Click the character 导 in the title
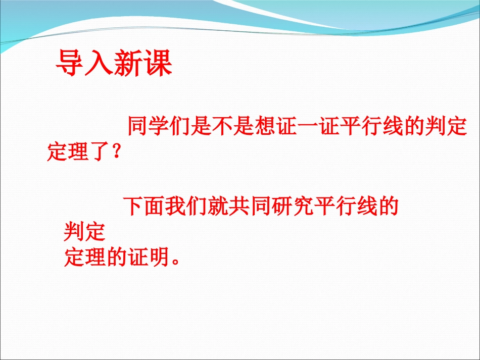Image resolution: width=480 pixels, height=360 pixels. [70, 63]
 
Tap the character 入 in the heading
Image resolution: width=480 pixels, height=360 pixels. [99, 63]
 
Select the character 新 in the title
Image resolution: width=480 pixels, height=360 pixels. [128, 63]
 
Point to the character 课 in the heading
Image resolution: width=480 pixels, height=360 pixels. [157, 63]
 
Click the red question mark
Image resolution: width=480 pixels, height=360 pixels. [116, 151]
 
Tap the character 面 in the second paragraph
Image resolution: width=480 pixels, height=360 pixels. [155, 206]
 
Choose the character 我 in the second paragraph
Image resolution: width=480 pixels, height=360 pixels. [176, 206]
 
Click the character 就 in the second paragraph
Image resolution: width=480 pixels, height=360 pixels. [218, 206]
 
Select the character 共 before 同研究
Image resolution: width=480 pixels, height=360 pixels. [239, 206]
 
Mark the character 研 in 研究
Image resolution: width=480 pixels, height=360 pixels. [282, 206]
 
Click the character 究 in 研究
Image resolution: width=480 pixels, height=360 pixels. [303, 206]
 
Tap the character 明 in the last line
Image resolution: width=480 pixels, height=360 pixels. [159, 256]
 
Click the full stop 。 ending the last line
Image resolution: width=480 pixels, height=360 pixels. [176, 262]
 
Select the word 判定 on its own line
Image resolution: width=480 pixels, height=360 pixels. [85, 232]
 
